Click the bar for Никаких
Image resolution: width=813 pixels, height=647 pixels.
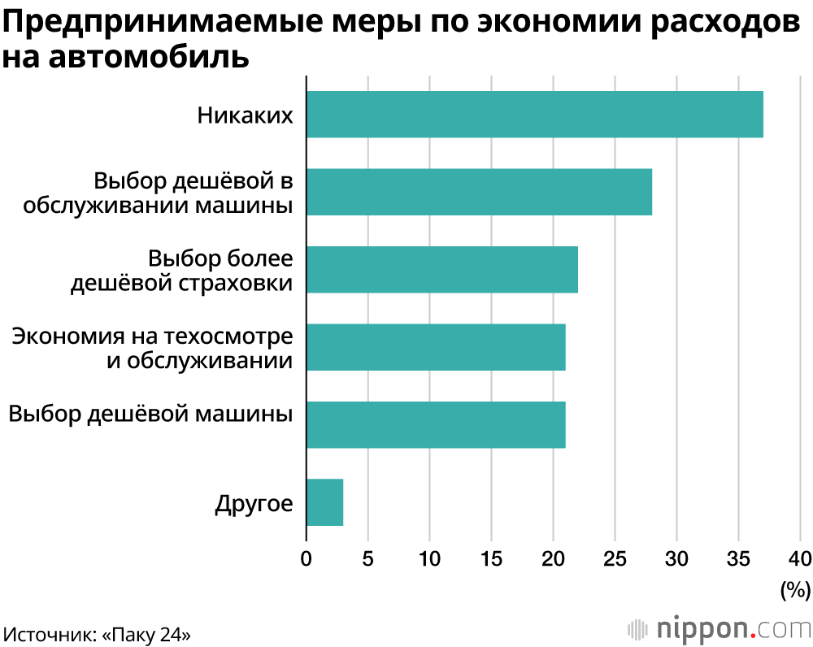coord(535,115)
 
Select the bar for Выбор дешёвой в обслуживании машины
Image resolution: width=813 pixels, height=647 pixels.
coord(479,193)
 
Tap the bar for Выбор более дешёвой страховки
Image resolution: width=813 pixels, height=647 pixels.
coord(442,270)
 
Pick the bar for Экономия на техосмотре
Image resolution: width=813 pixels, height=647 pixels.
coord(436,347)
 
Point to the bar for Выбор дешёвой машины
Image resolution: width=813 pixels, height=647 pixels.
coord(436,424)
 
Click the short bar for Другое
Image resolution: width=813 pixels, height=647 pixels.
coord(324,502)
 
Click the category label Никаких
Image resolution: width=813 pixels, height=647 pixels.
coord(245,115)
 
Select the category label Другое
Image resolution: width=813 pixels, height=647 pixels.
coord(254,503)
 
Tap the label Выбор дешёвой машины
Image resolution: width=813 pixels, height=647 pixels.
coord(150,413)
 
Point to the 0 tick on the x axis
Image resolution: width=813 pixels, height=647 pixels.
coord(307,558)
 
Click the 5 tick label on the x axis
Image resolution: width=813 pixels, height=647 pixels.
coord(367,558)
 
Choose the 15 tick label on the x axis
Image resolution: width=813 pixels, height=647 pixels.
coord(491,558)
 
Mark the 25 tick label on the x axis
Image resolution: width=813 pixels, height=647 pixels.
coord(615,558)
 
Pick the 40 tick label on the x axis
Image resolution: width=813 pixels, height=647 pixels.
coord(800,558)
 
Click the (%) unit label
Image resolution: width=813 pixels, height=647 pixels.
coord(794,588)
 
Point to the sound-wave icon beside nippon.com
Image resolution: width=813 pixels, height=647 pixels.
coord(637,629)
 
